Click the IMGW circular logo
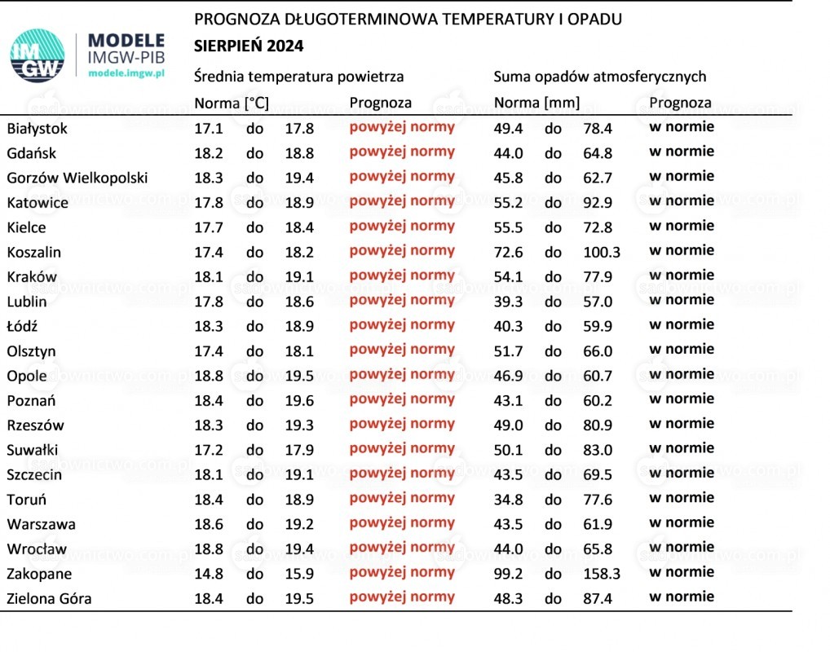click(38, 55)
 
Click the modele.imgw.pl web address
click(126, 73)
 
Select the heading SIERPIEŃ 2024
click(249, 46)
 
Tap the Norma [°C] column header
click(232, 103)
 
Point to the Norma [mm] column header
click(536, 103)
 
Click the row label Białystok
click(37, 129)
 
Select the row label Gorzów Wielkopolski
click(77, 178)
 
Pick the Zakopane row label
click(39, 574)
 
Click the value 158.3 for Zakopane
click(602, 574)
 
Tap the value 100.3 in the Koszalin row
click(602, 252)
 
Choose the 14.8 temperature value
click(209, 574)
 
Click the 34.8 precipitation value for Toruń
click(508, 500)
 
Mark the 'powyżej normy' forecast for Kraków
click(402, 275)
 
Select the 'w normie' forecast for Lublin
click(682, 300)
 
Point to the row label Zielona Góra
click(49, 598)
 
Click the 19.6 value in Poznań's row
click(299, 401)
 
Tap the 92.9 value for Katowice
click(598, 203)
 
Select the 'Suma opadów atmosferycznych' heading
click(600, 77)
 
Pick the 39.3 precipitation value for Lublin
click(508, 302)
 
